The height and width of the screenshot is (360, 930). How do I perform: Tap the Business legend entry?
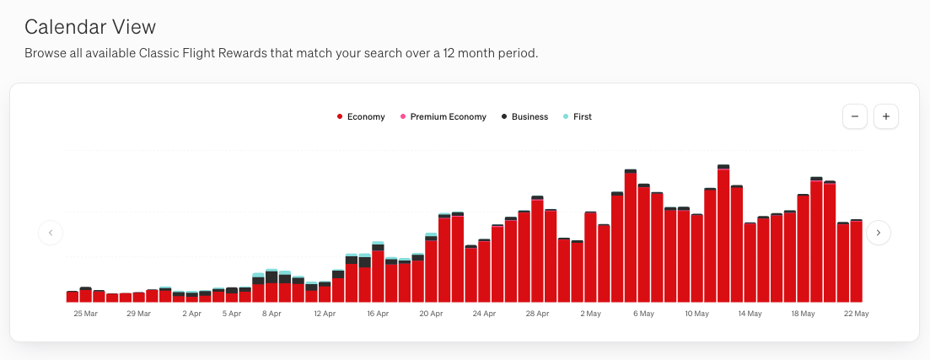[529, 117]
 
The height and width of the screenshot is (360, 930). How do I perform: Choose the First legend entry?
[581, 117]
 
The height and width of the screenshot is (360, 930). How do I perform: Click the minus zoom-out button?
[854, 116]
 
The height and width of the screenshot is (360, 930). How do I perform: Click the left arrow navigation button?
[51, 232]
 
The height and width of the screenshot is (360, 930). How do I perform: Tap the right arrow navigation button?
[879, 232]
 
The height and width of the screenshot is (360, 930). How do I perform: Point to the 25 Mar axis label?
[86, 314]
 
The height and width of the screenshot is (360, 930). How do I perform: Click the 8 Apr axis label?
[271, 314]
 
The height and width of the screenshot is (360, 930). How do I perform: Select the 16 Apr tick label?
[378, 314]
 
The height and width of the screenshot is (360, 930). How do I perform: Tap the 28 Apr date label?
[537, 314]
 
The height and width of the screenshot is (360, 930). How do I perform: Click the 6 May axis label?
[643, 314]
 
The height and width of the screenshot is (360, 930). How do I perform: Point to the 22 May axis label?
[856, 314]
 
